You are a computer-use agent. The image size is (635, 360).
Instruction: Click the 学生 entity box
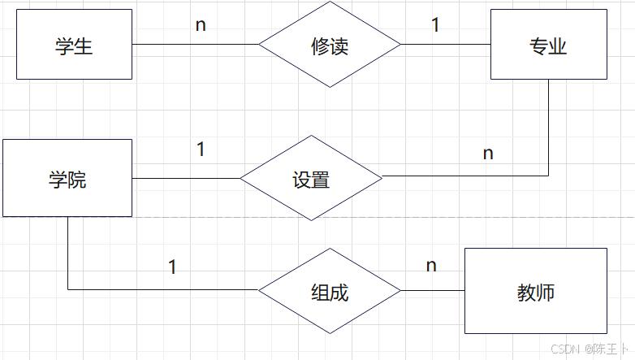click(74, 45)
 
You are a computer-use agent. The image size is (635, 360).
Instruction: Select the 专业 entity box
click(548, 45)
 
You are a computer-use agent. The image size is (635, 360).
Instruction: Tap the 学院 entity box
click(67, 178)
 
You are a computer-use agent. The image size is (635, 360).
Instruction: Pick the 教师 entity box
click(535, 290)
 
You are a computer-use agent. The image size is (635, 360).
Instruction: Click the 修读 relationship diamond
click(330, 45)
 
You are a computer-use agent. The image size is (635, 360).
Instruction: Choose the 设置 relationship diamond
click(311, 178)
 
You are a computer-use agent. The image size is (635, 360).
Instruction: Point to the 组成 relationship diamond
click(330, 290)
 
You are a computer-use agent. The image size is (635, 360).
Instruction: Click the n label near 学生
click(201, 24)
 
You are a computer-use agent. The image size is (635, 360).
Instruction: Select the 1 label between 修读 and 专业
click(435, 24)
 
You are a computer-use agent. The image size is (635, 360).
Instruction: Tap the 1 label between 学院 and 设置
click(201, 150)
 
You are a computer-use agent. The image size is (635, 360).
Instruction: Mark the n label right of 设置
click(488, 152)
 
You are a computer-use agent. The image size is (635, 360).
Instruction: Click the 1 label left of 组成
click(172, 266)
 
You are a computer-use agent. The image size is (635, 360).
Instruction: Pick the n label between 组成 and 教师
click(431, 265)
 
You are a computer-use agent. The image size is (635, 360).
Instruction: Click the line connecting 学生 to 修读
click(195, 45)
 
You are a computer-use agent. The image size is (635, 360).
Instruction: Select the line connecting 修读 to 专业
click(446, 45)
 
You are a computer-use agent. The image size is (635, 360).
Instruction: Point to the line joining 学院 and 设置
click(186, 178)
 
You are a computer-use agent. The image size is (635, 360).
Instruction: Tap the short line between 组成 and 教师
click(432, 290)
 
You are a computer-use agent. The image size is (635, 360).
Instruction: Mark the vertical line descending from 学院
click(67, 252)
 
